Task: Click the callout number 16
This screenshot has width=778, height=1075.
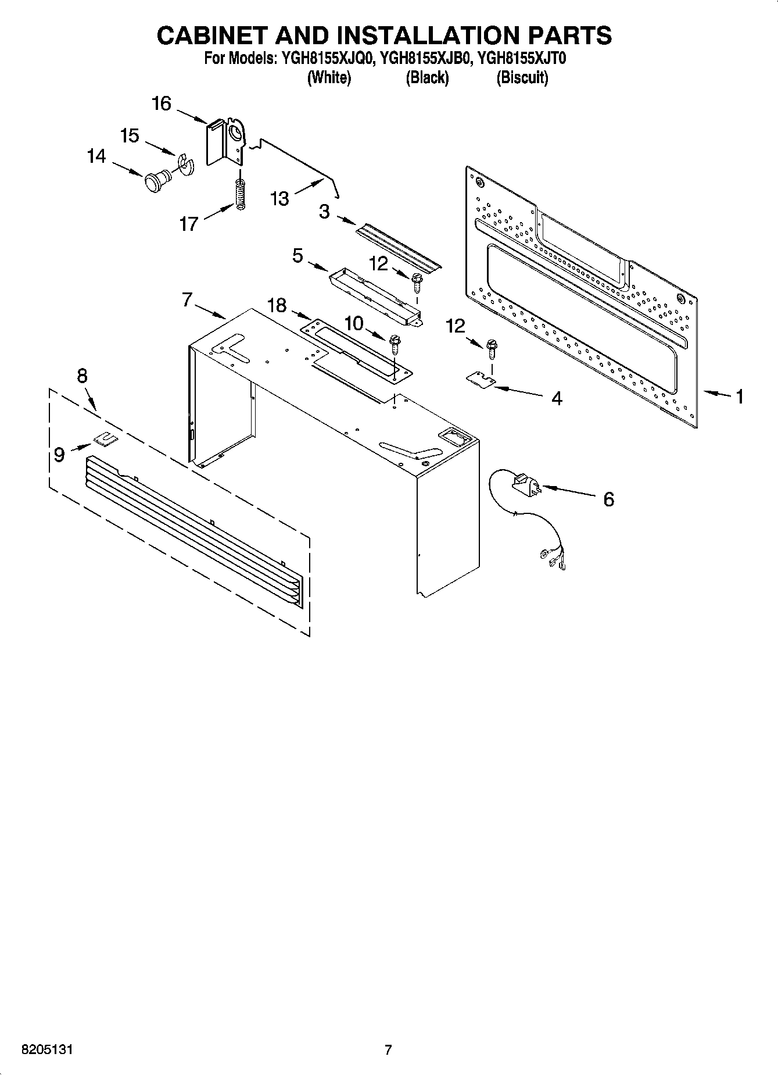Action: pyautogui.click(x=162, y=104)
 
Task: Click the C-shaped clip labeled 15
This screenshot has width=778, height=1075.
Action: pyautogui.click(x=187, y=163)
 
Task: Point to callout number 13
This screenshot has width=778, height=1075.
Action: pyautogui.click(x=279, y=199)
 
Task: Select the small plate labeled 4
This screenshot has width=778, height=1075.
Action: pyautogui.click(x=481, y=379)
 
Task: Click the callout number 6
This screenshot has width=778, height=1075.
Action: pyautogui.click(x=608, y=499)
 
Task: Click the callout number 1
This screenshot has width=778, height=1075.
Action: pyautogui.click(x=740, y=397)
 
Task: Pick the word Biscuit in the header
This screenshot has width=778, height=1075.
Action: pyautogui.click(x=522, y=77)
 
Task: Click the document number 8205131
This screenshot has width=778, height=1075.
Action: pyautogui.click(x=47, y=1049)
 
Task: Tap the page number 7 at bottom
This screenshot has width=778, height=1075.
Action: pyautogui.click(x=388, y=1049)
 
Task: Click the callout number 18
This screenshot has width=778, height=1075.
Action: pyautogui.click(x=277, y=305)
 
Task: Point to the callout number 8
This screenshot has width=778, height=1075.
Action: pyautogui.click(x=82, y=376)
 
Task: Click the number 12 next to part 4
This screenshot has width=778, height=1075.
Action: pyautogui.click(x=456, y=326)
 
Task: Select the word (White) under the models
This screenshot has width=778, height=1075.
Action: pyautogui.click(x=328, y=77)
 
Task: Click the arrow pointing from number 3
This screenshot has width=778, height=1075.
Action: pyautogui.click(x=346, y=221)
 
